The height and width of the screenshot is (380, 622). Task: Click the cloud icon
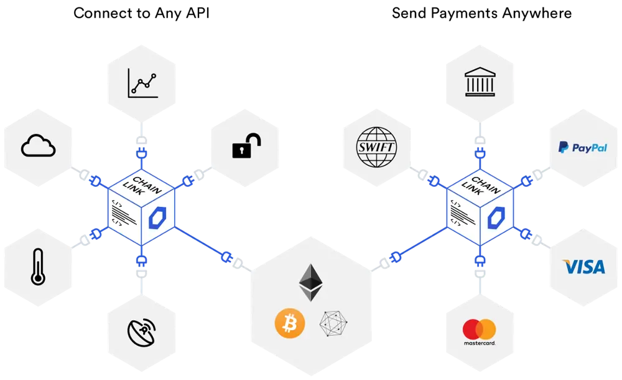click(x=38, y=146)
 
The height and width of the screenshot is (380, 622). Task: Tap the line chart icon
click(x=143, y=83)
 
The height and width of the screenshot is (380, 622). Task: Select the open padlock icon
click(x=246, y=146)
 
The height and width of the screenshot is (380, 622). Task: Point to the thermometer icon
click(x=38, y=267)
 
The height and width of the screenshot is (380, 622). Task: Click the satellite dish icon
click(x=142, y=332)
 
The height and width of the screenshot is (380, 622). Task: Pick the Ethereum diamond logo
click(x=310, y=283)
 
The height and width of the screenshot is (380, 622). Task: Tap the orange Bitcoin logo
click(x=290, y=323)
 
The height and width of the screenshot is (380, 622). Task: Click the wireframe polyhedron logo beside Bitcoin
click(x=333, y=323)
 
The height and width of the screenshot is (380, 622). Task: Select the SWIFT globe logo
click(x=376, y=147)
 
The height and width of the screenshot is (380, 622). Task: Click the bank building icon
click(x=480, y=82)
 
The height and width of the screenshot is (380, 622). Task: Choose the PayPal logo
click(x=583, y=148)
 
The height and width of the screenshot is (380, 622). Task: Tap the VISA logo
click(x=584, y=267)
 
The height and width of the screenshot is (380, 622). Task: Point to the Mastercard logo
click(x=480, y=332)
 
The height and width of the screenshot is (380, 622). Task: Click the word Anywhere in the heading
click(x=537, y=14)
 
